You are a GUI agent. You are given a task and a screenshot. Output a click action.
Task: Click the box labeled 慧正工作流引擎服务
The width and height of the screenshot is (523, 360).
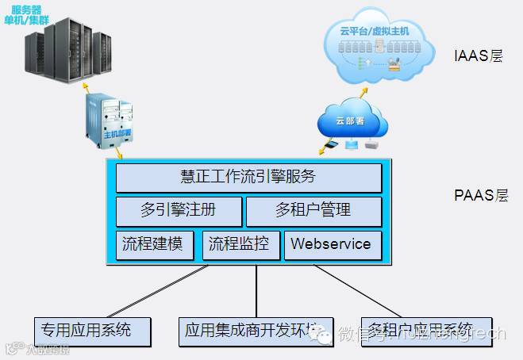coord(248,178)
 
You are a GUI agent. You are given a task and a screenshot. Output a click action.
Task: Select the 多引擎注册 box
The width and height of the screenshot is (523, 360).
coord(179,211)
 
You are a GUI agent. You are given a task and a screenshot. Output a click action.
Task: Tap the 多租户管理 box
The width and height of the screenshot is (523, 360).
coord(313,211)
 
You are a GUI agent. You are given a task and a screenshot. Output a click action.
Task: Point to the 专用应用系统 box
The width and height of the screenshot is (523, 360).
coord(93,329)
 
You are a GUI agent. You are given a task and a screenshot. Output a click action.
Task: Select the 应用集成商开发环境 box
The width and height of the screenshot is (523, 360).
coord(252,330)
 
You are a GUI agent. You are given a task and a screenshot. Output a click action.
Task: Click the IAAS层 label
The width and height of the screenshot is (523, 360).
coord(478,57)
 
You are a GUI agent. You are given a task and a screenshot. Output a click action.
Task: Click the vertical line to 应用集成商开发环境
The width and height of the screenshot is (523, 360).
coord(256,291)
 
